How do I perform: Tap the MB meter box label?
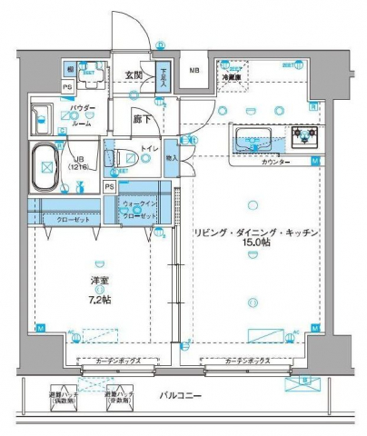[193, 71]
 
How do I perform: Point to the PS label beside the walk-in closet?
[109, 187]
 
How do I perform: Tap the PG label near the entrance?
[67, 87]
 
